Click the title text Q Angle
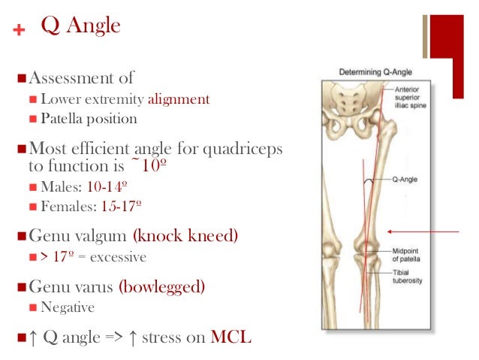(x=80, y=26)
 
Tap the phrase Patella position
(x=89, y=118)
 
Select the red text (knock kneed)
(x=185, y=237)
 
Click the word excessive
(x=118, y=257)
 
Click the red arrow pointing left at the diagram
(x=427, y=233)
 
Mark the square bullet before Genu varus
(x=20, y=288)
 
